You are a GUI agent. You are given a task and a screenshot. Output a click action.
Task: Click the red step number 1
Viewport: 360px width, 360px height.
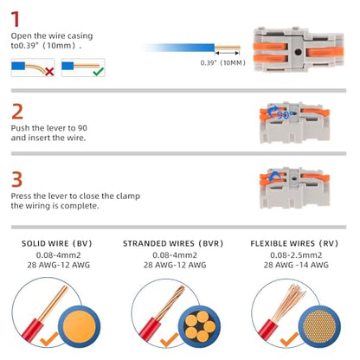(x=16, y=19)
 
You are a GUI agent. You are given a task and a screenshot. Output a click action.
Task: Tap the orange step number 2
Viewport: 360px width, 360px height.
(x=17, y=112)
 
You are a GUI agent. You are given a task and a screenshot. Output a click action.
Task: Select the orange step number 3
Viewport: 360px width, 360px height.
(x=16, y=179)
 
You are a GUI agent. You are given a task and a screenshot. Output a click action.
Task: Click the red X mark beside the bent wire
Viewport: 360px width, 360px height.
(x=49, y=72)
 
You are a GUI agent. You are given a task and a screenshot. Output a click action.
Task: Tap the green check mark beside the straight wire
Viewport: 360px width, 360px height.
(x=99, y=71)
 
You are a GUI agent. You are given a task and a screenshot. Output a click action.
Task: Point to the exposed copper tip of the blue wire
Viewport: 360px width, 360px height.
(x=228, y=48)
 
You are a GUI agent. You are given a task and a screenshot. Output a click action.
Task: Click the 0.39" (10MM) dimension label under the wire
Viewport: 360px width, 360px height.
(x=222, y=62)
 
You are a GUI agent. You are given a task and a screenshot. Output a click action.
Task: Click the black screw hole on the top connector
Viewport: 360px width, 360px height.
(x=298, y=52)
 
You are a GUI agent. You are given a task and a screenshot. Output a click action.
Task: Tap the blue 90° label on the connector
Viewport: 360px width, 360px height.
(x=284, y=115)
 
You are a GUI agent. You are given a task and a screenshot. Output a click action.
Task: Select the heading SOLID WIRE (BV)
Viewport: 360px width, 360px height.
(x=57, y=243)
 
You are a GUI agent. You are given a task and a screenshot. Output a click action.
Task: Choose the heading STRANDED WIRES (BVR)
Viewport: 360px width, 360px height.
(x=173, y=243)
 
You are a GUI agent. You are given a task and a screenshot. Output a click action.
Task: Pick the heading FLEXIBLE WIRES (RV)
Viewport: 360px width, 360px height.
(x=294, y=243)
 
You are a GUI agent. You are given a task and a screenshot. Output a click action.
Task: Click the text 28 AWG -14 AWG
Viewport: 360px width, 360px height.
(x=296, y=265)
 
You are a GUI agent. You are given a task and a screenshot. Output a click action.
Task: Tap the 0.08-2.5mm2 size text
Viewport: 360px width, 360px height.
(x=296, y=255)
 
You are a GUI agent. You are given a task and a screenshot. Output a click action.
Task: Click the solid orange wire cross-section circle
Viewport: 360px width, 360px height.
(x=79, y=326)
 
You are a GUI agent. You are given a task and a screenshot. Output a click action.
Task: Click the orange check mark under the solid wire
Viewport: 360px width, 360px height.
(x=49, y=339)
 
